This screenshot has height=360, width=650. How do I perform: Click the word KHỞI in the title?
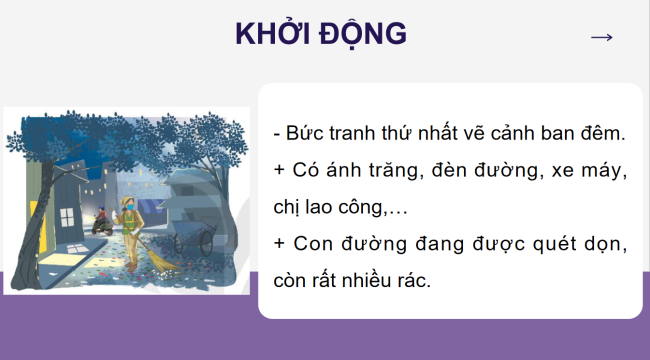coord(273,35)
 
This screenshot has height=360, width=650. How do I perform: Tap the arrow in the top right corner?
coord(601,37)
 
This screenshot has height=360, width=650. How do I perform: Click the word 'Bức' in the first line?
coord(306,134)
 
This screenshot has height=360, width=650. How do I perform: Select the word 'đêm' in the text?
coord(601,134)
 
